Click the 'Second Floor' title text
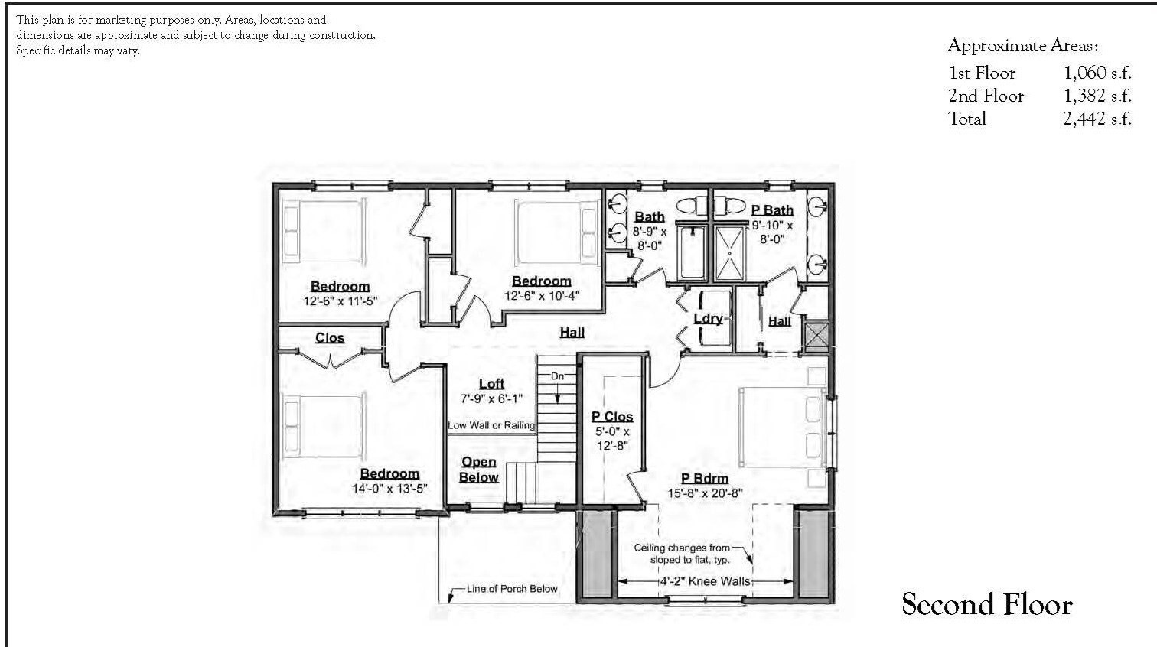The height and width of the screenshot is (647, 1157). pos(986,604)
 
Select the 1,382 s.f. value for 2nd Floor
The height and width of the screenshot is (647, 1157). pos(1097,96)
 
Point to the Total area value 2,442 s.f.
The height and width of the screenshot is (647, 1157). pos(1097,119)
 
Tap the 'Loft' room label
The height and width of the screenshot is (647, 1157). pos(491,384)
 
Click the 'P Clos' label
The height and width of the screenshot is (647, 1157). pos(612,417)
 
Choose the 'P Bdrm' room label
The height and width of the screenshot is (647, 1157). pos(705,479)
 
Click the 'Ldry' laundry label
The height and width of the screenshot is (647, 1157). pos(708,319)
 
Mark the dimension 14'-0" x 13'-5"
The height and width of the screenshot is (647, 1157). pos(389,489)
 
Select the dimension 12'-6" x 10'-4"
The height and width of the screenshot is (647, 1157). pos(541,296)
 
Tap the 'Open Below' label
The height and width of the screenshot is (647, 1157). pos(478,470)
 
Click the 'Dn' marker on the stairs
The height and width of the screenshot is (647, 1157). pos(557,376)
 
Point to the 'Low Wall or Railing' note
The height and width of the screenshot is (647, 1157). pos(491,425)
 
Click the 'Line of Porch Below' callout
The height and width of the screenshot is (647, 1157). pos(512,589)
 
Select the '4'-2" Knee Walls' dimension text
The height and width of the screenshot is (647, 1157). pos(705,581)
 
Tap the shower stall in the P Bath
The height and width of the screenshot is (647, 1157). pos(729,252)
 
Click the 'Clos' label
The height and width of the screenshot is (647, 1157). pos(330,338)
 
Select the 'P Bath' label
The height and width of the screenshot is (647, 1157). pos(772,210)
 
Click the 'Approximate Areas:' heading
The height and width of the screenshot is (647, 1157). pos(1023,46)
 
